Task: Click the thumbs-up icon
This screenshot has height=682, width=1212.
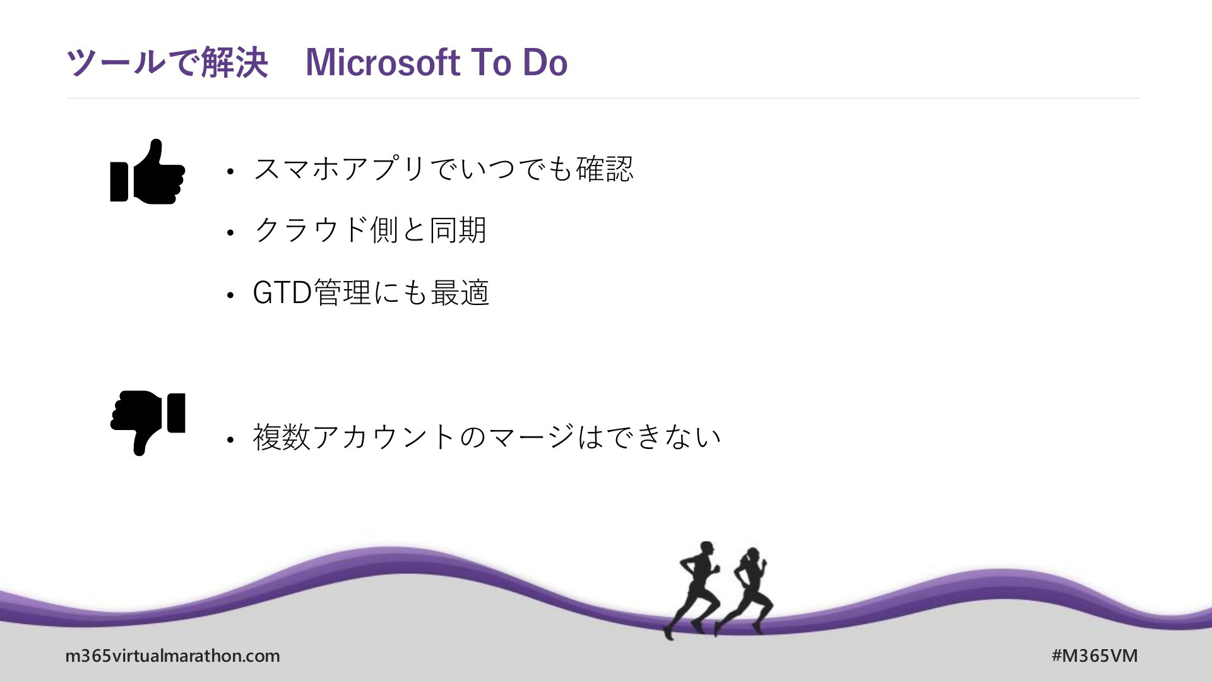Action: pyautogui.click(x=147, y=172)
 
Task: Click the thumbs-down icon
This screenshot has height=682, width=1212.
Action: pyautogui.click(x=147, y=422)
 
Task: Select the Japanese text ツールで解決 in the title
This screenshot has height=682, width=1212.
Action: pyautogui.click(x=167, y=63)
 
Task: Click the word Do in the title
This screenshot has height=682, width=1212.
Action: pyautogui.click(x=545, y=63)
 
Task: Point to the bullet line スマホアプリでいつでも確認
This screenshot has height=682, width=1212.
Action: pyautogui.click(x=443, y=169)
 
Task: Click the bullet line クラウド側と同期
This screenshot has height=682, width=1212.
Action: pyautogui.click(x=370, y=230)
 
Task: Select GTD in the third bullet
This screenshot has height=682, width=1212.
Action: pyautogui.click(x=282, y=292)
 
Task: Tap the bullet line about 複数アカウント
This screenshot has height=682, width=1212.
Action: pyautogui.click(x=487, y=436)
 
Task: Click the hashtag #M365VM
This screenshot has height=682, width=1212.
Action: pyautogui.click(x=1095, y=655)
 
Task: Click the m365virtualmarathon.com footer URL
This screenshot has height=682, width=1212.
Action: pyautogui.click(x=172, y=655)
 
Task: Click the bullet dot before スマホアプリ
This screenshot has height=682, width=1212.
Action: pyautogui.click(x=230, y=171)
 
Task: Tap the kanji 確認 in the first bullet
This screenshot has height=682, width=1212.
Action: pyautogui.click(x=605, y=169)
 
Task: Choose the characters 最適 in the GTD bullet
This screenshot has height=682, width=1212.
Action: pyautogui.click(x=460, y=292)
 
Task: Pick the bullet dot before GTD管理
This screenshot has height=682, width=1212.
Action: pyautogui.click(x=230, y=295)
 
